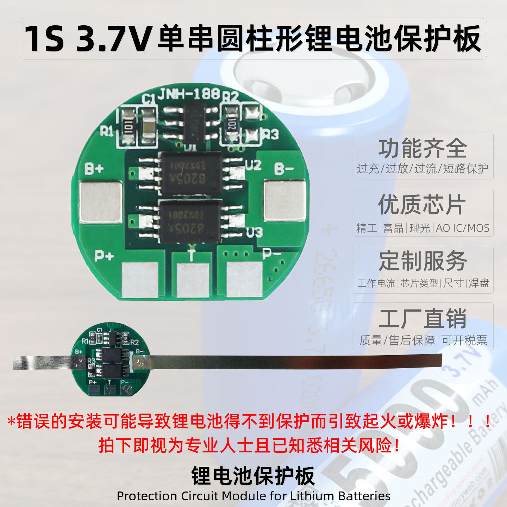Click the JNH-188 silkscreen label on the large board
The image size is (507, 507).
tap(189, 94)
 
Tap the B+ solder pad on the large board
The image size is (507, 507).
tap(101, 202)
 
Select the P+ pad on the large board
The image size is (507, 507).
tap(139, 280)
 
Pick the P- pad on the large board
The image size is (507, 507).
tap(244, 280)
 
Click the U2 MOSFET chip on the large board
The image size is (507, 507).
tap(192, 173)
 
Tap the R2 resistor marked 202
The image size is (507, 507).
tap(231, 124)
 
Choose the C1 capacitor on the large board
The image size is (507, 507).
tap(148, 126)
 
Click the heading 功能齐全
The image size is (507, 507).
tap(423, 149)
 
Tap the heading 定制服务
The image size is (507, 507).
tap(423, 261)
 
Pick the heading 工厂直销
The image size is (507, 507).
tap(423, 318)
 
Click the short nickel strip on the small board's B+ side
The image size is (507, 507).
tap(46, 363)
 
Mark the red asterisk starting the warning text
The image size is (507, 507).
tap(11, 421)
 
